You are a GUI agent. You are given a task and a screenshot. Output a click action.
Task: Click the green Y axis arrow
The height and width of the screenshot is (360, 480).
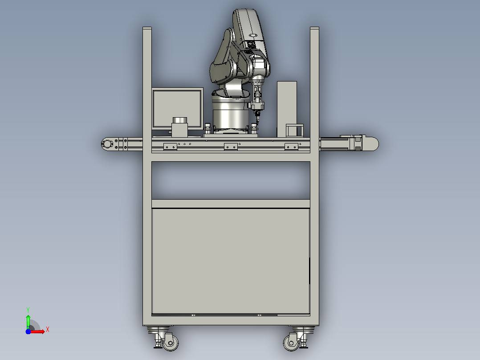tap(28, 322)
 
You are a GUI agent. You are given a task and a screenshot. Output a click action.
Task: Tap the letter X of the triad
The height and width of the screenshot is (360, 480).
tap(48, 330)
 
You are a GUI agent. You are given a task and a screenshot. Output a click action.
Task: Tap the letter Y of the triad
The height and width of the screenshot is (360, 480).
tap(28, 310)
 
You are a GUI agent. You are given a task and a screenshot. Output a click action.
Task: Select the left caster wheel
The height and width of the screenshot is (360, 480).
tap(170, 343)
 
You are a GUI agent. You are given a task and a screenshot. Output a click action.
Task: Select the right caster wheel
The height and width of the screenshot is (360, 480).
tap(291, 343)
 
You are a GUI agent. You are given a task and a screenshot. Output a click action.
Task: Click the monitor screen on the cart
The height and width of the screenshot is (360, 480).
tap(177, 108)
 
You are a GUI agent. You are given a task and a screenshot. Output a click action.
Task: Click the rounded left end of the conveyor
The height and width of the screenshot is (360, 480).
tap(106, 144)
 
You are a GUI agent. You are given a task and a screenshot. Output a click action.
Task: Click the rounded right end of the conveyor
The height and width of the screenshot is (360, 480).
tap(372, 144)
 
